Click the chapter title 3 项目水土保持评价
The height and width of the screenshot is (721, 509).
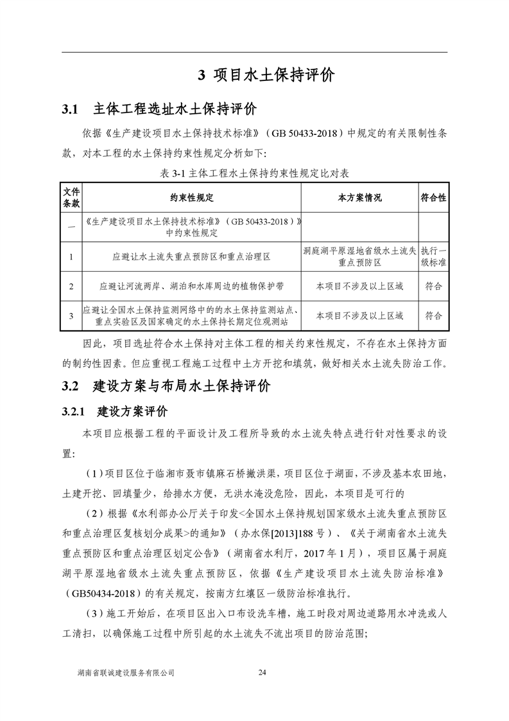[266, 76]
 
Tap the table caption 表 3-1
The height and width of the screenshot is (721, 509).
[254, 174]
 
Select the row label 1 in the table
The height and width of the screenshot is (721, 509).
[71, 256]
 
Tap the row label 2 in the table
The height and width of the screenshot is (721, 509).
[71, 287]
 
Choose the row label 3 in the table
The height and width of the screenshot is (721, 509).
[71, 316]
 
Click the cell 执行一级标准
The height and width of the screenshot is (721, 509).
[433, 256]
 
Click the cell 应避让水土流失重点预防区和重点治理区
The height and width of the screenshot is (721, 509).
[192, 256]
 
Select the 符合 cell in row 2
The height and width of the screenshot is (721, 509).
[433, 287]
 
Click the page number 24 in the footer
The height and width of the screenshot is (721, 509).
[261, 672]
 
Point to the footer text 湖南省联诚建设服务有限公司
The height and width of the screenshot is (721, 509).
[125, 672]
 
